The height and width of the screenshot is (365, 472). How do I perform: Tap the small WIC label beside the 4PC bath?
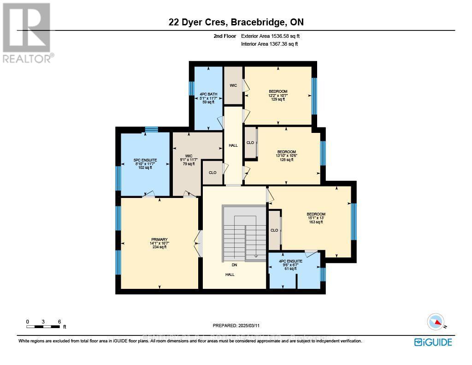[x=233, y=85]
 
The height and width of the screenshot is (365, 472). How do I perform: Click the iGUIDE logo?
[x=433, y=342]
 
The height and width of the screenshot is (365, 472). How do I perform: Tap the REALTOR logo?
[x=27, y=32]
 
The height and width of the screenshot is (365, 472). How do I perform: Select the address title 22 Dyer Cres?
[x=236, y=23]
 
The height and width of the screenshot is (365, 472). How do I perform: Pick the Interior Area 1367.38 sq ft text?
[x=269, y=44]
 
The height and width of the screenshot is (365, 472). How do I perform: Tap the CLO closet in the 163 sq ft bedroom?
[x=274, y=230]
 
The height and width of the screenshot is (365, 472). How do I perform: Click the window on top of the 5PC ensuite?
[x=151, y=130]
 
